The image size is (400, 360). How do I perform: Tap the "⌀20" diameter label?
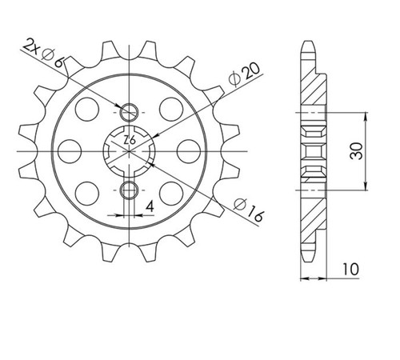pyautogui.click(x=244, y=74)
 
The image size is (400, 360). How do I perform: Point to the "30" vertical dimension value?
pyautogui.click(x=357, y=151)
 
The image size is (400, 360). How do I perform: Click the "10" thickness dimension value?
pyautogui.click(x=350, y=269)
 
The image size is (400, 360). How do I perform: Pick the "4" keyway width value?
pyautogui.click(x=150, y=206)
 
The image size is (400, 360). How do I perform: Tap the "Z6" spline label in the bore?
pyautogui.click(x=130, y=140)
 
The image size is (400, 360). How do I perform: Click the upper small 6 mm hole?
pyautogui.click(x=129, y=112)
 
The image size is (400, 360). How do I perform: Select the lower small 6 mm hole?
pyautogui.click(x=129, y=190)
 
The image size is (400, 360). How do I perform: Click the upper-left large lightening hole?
pyautogui.click(x=87, y=110)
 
